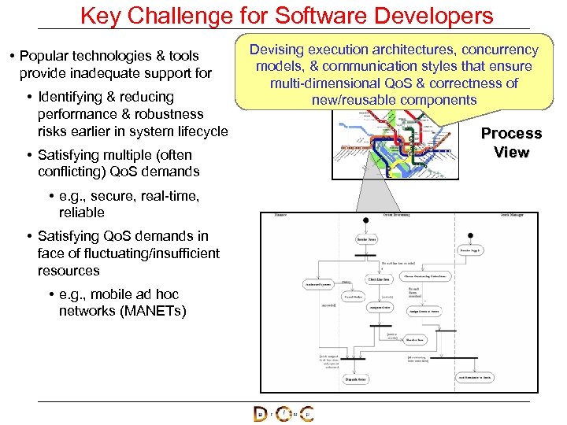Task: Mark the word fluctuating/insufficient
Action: pos(128,253)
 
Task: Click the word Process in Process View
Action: pos(511,133)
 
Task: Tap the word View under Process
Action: pos(511,152)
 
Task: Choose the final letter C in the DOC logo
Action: pos(306,415)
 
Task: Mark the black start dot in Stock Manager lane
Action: pos(470,235)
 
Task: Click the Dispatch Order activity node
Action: pos(355,379)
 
